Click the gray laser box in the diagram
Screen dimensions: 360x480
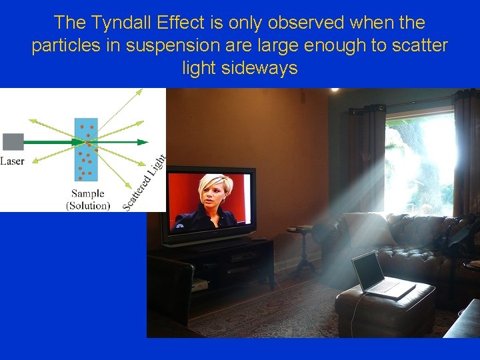pos(13,141)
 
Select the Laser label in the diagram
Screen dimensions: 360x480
pos(13,161)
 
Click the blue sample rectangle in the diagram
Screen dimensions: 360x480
pos(86,150)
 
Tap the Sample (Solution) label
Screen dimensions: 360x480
pos(88,199)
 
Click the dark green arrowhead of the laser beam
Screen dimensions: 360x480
pos(142,141)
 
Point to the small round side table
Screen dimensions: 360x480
pos(304,247)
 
